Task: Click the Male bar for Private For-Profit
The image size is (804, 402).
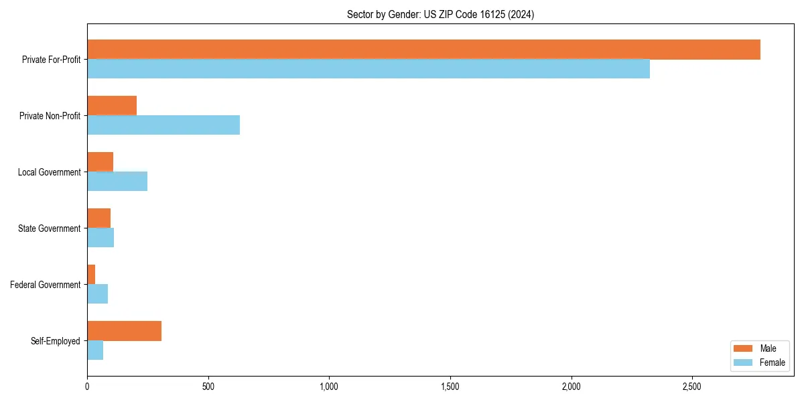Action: point(423,50)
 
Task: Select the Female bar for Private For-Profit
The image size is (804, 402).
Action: point(368,69)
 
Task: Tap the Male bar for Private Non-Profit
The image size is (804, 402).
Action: point(112,106)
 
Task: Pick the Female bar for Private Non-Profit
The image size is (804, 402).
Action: point(163,125)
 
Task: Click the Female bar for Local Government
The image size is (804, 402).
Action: point(117,182)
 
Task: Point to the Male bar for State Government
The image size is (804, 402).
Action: point(98,218)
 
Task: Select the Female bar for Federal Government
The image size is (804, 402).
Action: point(97,294)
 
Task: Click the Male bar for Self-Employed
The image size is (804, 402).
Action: point(124,331)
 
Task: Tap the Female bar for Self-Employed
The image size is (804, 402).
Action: point(95,350)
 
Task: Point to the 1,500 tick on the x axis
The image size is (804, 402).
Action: point(450,387)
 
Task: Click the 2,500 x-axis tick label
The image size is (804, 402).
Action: point(692,387)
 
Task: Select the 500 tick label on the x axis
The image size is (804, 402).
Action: point(208,387)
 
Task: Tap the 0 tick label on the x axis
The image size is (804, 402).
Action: point(87,387)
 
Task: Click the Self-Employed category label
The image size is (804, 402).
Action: point(56,341)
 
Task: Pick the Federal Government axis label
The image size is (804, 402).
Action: point(46,285)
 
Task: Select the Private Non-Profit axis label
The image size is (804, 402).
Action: point(50,116)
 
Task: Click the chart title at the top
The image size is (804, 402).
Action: point(440,14)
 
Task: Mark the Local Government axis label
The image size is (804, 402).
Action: point(49,172)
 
